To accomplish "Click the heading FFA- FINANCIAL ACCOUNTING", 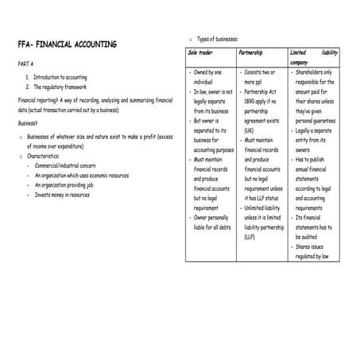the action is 67,45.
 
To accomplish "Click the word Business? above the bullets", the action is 29,123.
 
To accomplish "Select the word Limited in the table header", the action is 300,52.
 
